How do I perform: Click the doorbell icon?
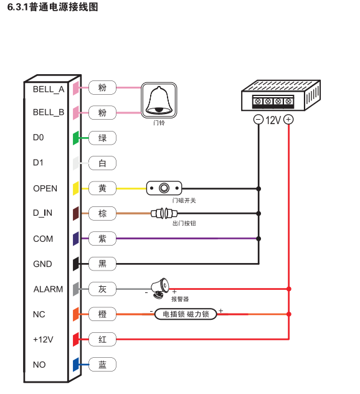tap(159, 100)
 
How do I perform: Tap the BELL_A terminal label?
tap(49, 89)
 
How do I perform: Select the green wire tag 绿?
tap(102, 138)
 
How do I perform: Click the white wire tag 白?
tap(102, 163)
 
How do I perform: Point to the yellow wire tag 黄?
tap(102, 188)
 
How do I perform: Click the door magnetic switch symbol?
tap(164, 188)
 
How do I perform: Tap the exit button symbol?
tap(164, 214)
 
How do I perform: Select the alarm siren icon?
tap(160, 288)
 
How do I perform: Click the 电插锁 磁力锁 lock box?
tap(186, 314)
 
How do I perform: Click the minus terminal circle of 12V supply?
tap(258, 120)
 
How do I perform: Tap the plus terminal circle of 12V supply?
tap(288, 120)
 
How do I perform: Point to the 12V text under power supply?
tap(273, 120)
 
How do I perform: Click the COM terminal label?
tap(43, 239)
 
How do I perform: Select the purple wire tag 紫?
tap(102, 239)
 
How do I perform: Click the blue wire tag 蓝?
tap(102, 364)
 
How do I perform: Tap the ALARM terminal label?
tap(48, 289)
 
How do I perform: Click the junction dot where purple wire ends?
tap(258, 239)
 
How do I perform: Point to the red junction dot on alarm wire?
tap(289, 289)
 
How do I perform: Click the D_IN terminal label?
tap(43, 213)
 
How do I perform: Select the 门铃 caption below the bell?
tap(159, 123)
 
